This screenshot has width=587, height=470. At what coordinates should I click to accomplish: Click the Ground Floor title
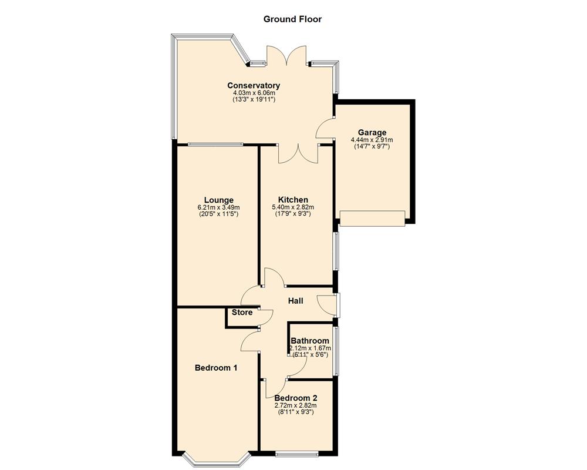pyautogui.click(x=292, y=19)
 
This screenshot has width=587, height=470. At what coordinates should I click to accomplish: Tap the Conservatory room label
pyautogui.click(x=254, y=85)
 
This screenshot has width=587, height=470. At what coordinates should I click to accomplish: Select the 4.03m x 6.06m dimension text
pyautogui.click(x=254, y=93)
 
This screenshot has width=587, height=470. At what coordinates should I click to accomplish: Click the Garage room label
pyautogui.click(x=372, y=132)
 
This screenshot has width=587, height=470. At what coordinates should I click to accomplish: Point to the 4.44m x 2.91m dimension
pyautogui.click(x=372, y=140)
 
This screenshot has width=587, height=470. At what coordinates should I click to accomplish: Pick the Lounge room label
pyautogui.click(x=219, y=200)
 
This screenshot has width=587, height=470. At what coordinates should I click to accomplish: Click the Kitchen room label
pyautogui.click(x=293, y=200)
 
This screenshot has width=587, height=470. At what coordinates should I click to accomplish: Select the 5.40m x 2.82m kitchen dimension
pyautogui.click(x=293, y=207)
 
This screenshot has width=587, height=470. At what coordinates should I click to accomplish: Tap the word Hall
pyautogui.click(x=295, y=301)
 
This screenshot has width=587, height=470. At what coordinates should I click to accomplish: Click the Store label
pyautogui.click(x=242, y=313)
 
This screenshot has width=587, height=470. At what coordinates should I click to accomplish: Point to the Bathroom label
pyautogui.click(x=310, y=341)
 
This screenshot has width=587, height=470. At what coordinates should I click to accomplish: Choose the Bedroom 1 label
pyautogui.click(x=216, y=368)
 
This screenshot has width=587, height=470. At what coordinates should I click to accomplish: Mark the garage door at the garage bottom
pyautogui.click(x=372, y=218)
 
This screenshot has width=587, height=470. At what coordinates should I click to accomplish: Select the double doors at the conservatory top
pyautogui.click(x=287, y=56)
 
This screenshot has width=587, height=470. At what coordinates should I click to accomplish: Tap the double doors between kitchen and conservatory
pyautogui.click(x=298, y=154)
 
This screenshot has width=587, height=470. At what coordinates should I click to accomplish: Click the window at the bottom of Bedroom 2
pyautogui.click(x=297, y=454)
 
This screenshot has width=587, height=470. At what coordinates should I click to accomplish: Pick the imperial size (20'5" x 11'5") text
pyautogui.click(x=219, y=214)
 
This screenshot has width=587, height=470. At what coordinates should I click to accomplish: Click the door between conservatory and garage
pyautogui.click(x=326, y=126)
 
